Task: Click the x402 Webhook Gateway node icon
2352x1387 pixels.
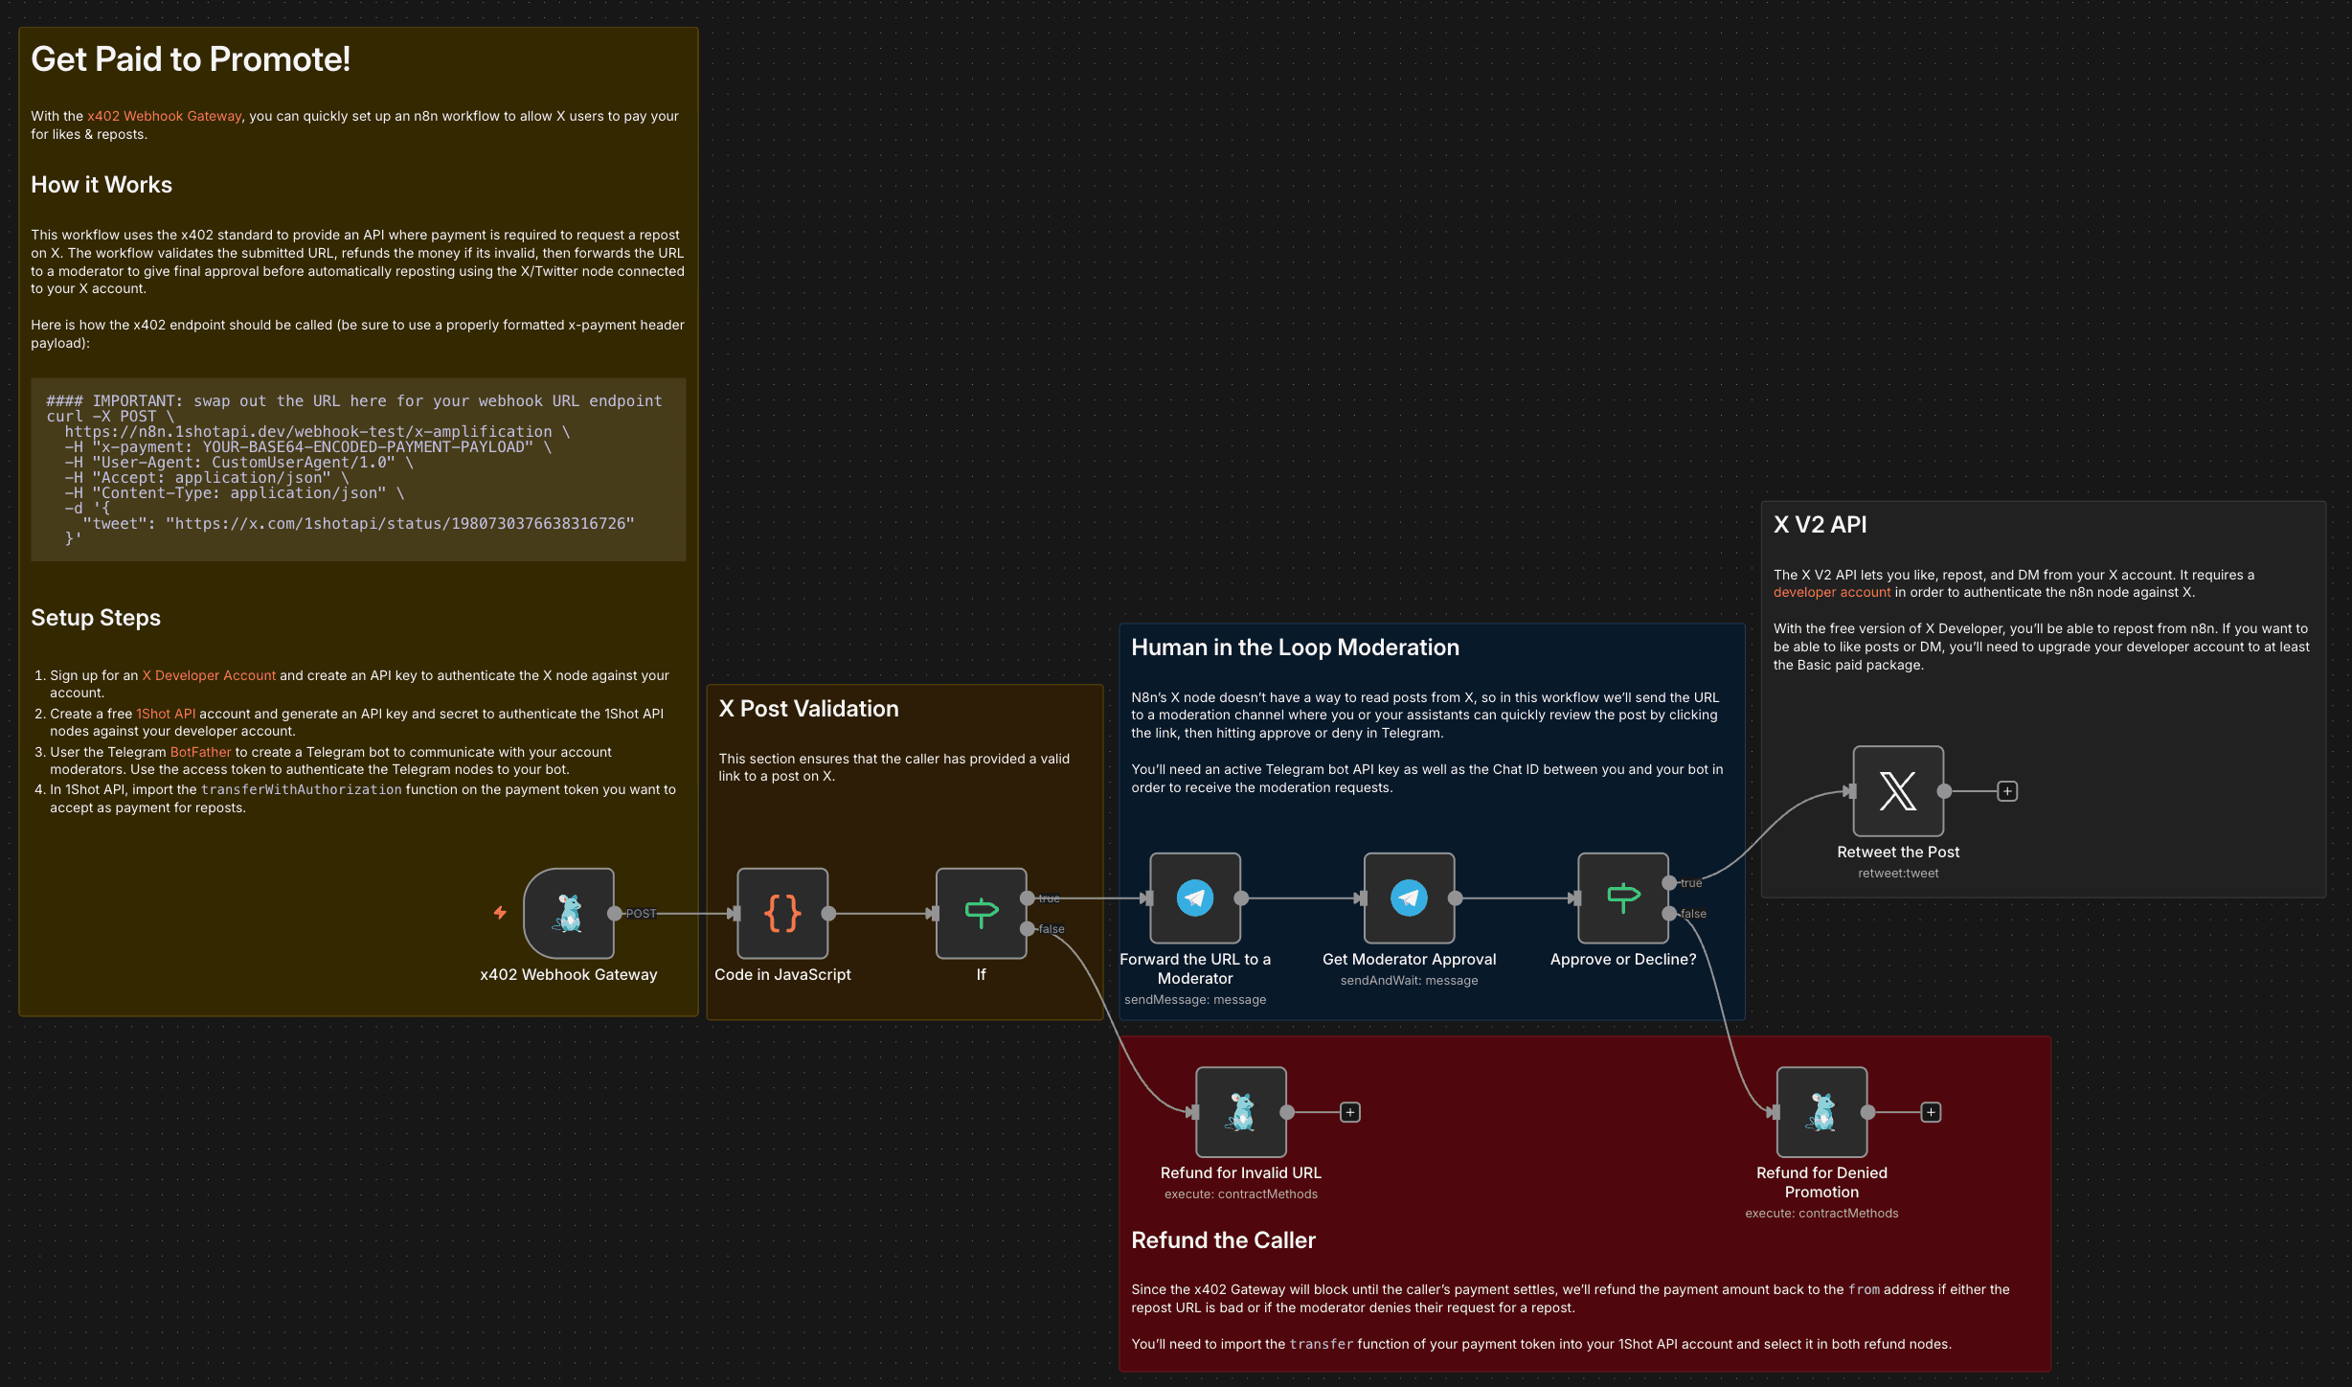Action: (x=569, y=913)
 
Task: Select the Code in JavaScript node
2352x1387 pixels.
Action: (x=782, y=913)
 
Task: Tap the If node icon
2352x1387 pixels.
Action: (x=981, y=913)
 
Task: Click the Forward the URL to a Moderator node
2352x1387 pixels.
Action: (x=1194, y=898)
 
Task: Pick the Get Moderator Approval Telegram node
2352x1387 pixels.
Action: (x=1409, y=898)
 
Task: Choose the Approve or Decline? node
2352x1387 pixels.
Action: (x=1622, y=898)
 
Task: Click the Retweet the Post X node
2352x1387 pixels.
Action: (x=1898, y=791)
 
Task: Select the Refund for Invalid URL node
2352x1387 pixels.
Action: (x=1240, y=1111)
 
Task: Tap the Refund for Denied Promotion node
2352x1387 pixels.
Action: (x=1821, y=1111)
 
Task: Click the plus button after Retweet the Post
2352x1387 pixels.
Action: (x=2007, y=791)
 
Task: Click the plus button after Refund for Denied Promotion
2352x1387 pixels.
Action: (x=1931, y=1112)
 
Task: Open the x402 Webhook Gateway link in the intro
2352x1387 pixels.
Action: (x=164, y=116)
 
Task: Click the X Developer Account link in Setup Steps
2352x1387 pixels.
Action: (x=209, y=675)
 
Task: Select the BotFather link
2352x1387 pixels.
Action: (x=200, y=752)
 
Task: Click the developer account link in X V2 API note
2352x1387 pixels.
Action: (x=1831, y=592)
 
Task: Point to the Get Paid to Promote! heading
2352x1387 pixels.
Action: (x=191, y=59)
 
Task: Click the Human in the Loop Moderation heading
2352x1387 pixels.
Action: (x=1295, y=648)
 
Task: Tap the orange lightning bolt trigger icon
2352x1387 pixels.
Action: (x=500, y=913)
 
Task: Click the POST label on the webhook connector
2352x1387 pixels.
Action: (x=641, y=914)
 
